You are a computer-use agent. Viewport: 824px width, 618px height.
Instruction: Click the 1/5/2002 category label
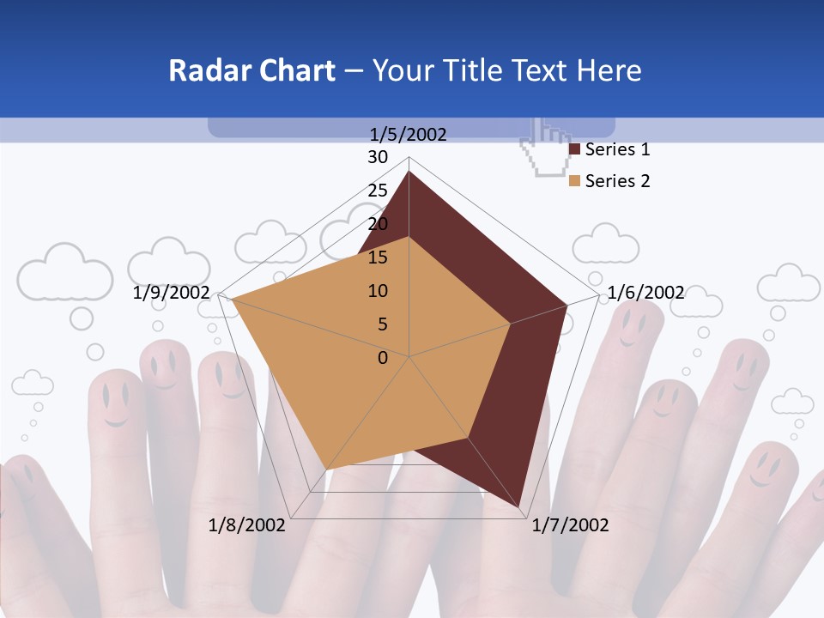pos(409,134)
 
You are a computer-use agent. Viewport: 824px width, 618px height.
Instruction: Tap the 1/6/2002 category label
pos(645,293)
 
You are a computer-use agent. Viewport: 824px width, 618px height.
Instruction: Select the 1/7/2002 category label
pos(570,525)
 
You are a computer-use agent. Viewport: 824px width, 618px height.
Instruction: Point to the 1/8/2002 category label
pos(247,525)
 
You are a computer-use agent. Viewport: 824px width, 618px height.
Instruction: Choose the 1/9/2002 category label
pos(172,293)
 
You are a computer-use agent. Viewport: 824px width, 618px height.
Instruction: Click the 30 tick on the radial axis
pos(378,157)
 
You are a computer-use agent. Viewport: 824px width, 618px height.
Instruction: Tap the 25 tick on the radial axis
pos(378,191)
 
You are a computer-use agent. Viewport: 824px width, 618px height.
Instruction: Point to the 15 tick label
pos(378,257)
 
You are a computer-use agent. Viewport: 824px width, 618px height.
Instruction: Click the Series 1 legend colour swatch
pos(575,150)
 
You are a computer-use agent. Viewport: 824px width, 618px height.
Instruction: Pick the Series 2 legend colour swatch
pos(575,181)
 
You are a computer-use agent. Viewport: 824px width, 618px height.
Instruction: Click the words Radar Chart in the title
pos(251,70)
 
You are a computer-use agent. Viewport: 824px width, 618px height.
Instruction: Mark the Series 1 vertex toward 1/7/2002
pos(521,506)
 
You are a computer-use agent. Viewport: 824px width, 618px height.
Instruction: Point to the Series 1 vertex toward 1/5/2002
pos(409,172)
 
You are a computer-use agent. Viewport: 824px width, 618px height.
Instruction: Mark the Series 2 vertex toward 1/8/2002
pos(326,470)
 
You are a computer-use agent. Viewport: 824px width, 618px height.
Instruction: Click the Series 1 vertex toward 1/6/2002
pos(567,305)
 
